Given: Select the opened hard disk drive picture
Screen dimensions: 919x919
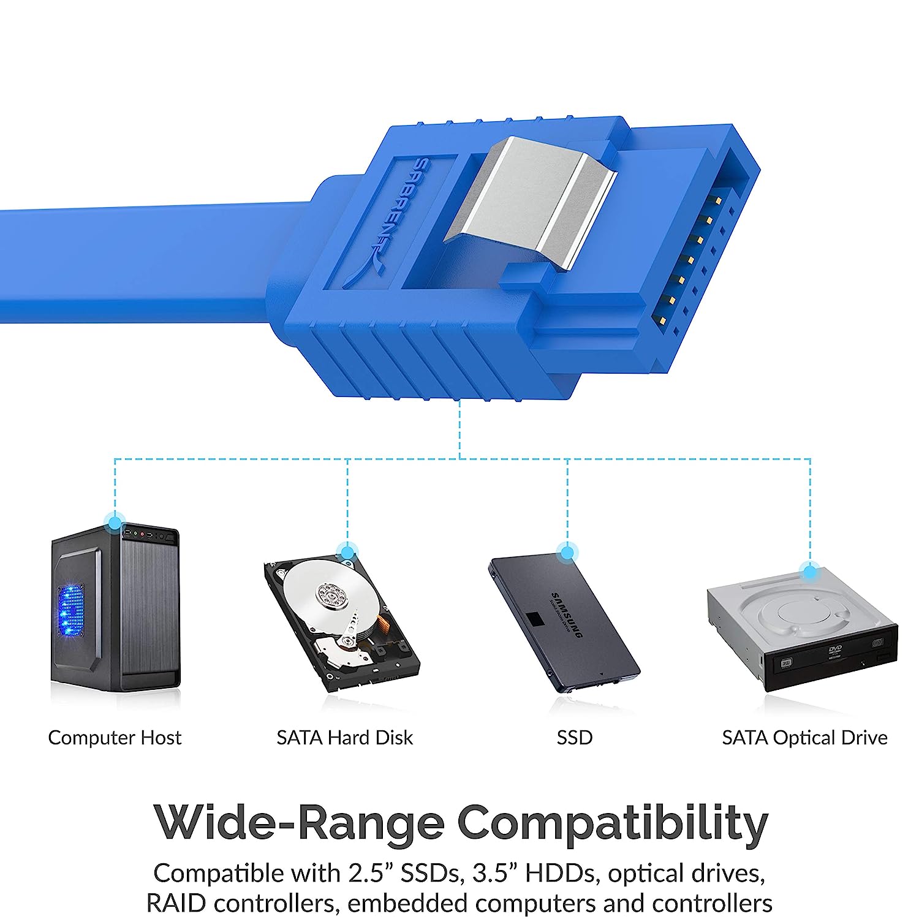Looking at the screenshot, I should pos(341,625).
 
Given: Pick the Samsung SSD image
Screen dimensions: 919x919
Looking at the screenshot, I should pos(564,625).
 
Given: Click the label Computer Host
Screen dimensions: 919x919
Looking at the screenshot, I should pos(115,738).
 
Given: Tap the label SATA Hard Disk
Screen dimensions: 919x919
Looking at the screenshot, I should pos(344,738).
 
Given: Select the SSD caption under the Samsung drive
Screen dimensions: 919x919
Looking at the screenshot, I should pos(575,738).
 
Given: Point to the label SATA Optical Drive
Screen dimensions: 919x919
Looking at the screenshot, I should pos(804,738).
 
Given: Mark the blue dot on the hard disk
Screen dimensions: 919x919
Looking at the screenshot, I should pos(347,553).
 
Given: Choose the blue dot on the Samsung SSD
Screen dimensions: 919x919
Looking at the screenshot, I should pos(567,553).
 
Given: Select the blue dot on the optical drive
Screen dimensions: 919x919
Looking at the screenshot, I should pos(810,573).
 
